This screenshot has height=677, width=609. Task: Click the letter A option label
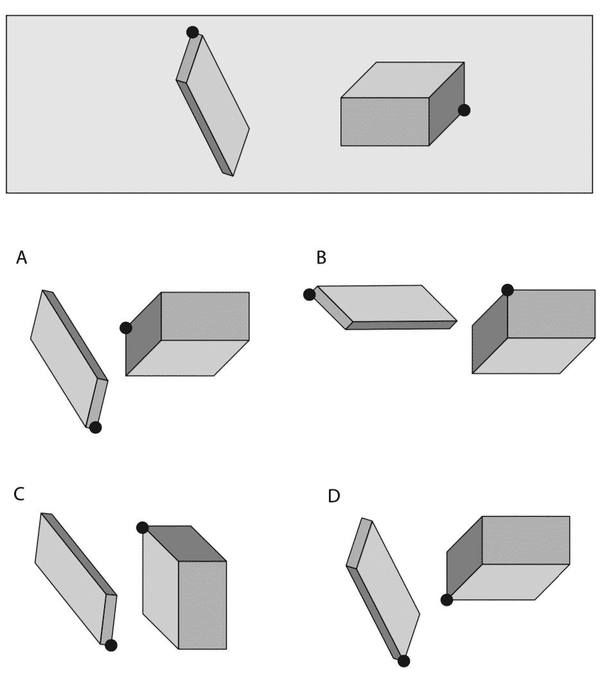22,258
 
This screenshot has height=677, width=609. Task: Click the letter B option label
321,258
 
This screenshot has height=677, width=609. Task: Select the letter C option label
19,494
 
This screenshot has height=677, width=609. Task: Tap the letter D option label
334,497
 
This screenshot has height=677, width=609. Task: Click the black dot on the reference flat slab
192,32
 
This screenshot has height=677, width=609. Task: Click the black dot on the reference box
464,110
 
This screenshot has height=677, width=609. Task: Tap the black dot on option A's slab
95,427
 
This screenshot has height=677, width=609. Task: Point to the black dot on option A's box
126,328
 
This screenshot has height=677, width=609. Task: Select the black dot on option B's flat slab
310,294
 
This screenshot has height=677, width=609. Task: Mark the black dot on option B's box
507,290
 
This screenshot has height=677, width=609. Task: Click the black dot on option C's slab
110,646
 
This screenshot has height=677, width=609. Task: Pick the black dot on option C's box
143,527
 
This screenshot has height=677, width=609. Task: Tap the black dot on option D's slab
403,661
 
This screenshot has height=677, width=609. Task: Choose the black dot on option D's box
446,599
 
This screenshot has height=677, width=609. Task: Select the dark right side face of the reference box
446,103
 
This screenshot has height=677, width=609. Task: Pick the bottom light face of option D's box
507,582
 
